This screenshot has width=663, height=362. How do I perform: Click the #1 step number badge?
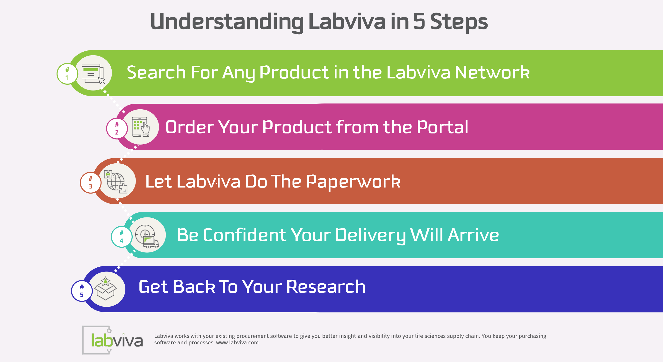click(x=67, y=74)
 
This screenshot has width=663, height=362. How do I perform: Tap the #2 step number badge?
click(x=117, y=128)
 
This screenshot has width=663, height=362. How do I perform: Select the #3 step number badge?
click(x=91, y=182)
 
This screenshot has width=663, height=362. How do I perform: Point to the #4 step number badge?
click(x=122, y=237)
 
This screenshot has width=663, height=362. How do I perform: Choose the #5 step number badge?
click(x=82, y=291)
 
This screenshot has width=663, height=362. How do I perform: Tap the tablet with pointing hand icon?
click(x=141, y=127)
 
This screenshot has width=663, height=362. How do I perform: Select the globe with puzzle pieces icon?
click(x=116, y=181)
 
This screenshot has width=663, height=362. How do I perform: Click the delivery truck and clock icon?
click(x=147, y=236)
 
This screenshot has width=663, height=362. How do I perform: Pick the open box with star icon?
click(x=106, y=289)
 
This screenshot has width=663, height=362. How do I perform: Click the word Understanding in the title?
click(x=226, y=22)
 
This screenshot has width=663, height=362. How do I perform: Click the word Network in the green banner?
click(x=492, y=72)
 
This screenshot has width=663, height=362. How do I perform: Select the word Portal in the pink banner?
click(x=442, y=127)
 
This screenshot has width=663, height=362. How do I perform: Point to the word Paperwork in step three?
click(x=353, y=181)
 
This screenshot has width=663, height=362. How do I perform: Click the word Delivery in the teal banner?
click(x=370, y=235)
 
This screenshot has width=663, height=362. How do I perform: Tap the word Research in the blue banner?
click(x=326, y=287)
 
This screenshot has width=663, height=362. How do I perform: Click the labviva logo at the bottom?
click(x=113, y=340)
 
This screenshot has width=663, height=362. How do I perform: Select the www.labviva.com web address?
click(x=237, y=343)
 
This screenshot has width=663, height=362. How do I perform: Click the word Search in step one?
click(x=156, y=72)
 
